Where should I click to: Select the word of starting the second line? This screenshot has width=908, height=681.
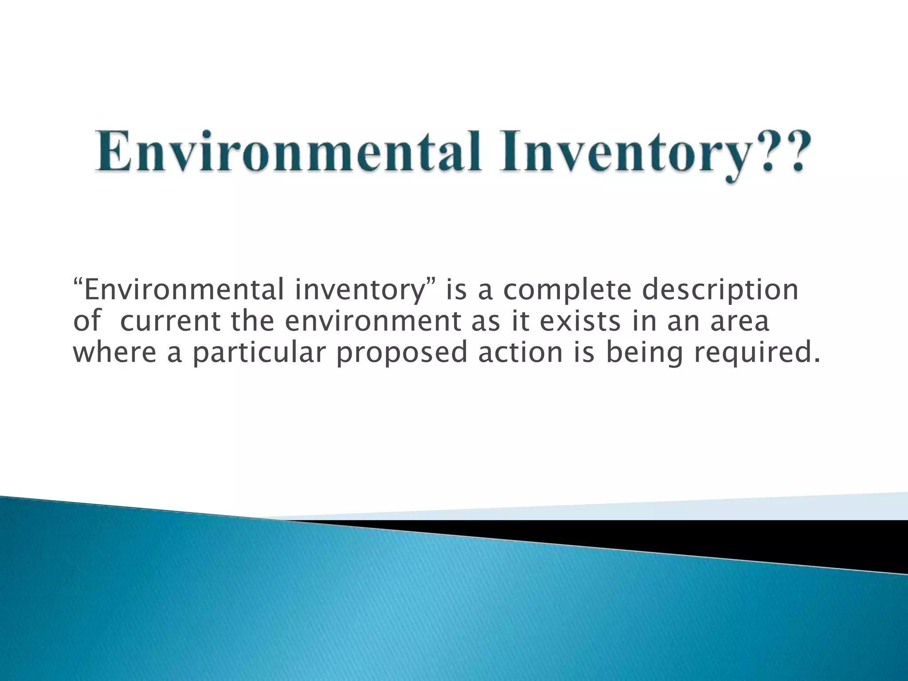[x=87, y=321]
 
